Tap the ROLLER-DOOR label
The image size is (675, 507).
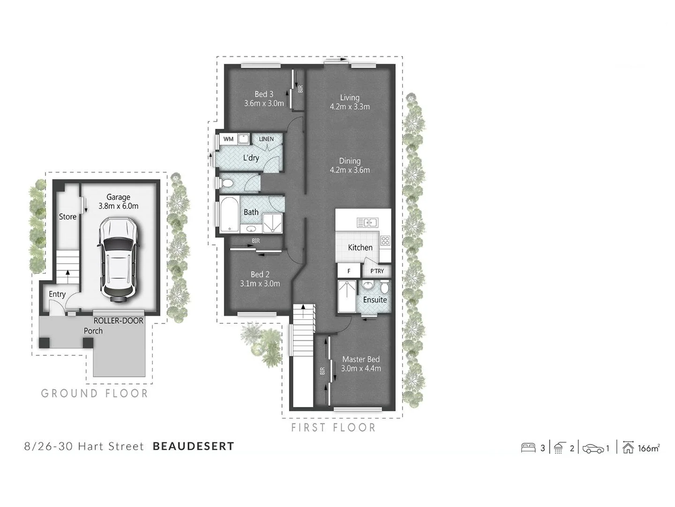pos(118,321)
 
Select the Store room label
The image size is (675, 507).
pos(67,217)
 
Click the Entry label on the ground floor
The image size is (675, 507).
pos(57,294)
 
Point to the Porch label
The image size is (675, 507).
pos(93,331)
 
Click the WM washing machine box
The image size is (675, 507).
pos(228,139)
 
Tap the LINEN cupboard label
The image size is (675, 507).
pos(266,139)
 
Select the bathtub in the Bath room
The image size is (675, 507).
pos(229,214)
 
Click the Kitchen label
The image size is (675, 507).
pos(360,247)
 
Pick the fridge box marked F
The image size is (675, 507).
pos(349,271)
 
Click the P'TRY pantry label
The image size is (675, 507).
pos(377,271)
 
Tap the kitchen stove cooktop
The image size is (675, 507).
pos(385,241)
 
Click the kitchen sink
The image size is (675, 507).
pos(367,223)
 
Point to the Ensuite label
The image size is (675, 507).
pos(375,300)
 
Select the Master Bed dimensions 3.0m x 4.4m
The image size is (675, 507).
pos(361,369)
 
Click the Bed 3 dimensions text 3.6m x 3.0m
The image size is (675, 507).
pos(264,103)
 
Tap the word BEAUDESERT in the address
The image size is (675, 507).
pos(194,446)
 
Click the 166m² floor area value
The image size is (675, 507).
pos(649,448)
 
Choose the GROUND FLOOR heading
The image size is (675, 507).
pos(95,393)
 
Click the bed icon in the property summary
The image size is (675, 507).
pos(528,448)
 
